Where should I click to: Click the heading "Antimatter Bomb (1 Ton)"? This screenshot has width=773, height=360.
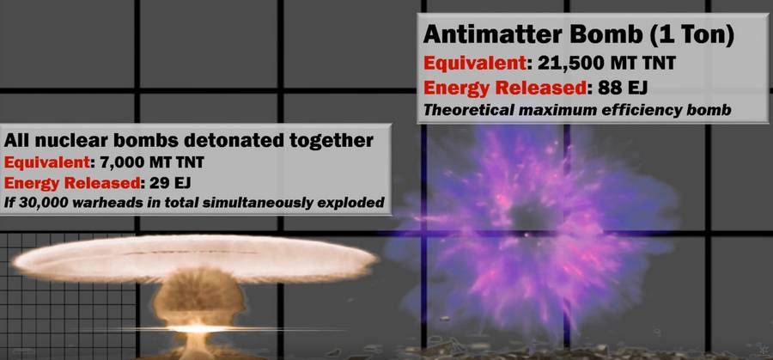click(579, 35)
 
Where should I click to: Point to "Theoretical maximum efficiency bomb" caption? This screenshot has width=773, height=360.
click(577, 109)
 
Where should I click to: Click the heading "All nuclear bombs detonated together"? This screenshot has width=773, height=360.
click(189, 141)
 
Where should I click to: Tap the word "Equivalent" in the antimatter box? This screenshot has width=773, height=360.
click(473, 64)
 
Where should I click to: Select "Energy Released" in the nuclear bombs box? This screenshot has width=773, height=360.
click(71, 183)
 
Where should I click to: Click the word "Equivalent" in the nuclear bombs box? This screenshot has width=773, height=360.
click(46, 162)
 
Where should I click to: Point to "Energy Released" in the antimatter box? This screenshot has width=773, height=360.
click(505, 88)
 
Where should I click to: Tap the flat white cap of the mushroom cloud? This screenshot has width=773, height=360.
click(195, 258)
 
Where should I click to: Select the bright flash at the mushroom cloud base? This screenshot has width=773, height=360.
click(198, 328)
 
